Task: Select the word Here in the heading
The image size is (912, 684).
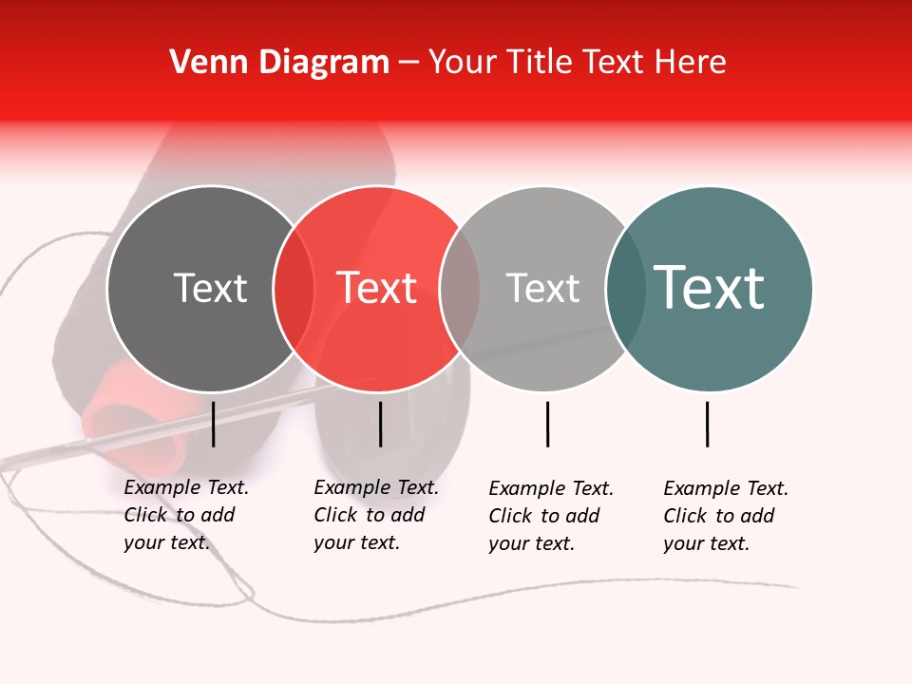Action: (x=691, y=63)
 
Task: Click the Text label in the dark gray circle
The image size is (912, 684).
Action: (x=210, y=288)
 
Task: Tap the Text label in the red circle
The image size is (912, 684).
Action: (x=377, y=288)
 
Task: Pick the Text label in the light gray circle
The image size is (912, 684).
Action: (x=542, y=288)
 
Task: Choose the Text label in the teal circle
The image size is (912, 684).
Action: (x=710, y=288)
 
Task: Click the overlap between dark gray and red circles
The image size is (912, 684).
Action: (x=294, y=289)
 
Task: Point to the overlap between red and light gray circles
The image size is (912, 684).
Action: (x=460, y=289)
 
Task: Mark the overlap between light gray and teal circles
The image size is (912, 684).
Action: (x=626, y=289)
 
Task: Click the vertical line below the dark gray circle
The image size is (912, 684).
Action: (x=213, y=424)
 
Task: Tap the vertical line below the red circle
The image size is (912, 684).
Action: (x=380, y=424)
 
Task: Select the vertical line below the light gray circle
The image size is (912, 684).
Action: (x=547, y=424)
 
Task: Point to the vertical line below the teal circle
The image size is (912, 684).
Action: (x=707, y=424)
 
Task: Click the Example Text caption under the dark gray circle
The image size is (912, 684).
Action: (x=185, y=515)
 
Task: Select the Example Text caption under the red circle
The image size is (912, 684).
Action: (x=375, y=515)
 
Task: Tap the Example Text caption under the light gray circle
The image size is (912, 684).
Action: (x=550, y=516)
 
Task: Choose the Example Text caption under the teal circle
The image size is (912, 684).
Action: (x=725, y=516)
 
